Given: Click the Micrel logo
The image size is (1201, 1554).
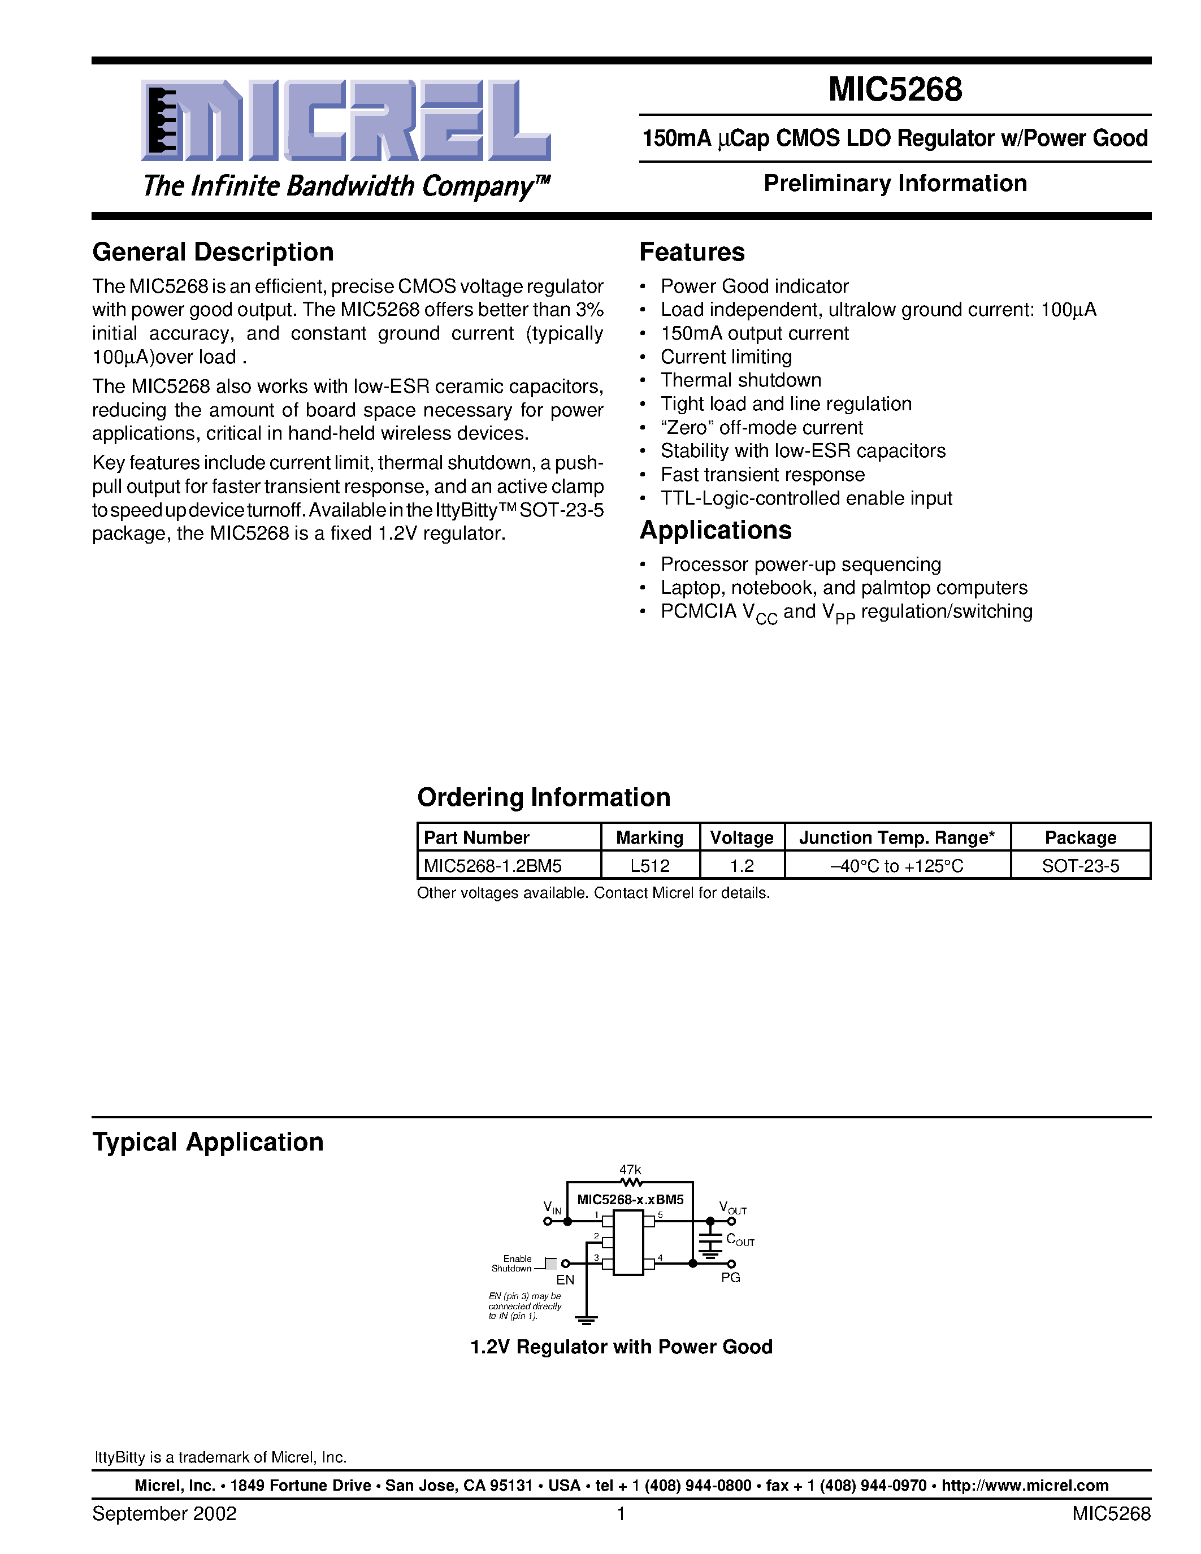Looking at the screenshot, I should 346,121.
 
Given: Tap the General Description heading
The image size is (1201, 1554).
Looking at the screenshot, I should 213,252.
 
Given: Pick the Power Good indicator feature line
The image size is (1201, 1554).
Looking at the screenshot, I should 754,286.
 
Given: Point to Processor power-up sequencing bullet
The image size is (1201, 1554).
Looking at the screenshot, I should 800,565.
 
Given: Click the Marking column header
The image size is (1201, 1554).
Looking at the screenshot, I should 649,837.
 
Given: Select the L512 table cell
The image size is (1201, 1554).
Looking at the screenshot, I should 649,866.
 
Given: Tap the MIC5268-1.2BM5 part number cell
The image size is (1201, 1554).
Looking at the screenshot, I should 493,866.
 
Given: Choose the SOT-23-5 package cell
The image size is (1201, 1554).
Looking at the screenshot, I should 1080,866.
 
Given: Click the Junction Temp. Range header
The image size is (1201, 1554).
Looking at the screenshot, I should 896,837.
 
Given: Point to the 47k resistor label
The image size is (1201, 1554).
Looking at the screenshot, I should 630,1170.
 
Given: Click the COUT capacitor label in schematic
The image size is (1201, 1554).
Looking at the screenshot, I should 739,1240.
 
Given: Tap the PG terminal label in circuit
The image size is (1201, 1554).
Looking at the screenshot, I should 731,1277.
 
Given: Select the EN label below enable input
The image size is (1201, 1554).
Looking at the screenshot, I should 565,1279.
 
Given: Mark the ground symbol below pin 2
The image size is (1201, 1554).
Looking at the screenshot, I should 586,1321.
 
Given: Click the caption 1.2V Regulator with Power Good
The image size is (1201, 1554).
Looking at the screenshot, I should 621,1347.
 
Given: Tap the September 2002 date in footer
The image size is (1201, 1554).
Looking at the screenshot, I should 164,1513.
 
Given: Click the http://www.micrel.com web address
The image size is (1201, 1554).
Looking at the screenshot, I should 1025,1486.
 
